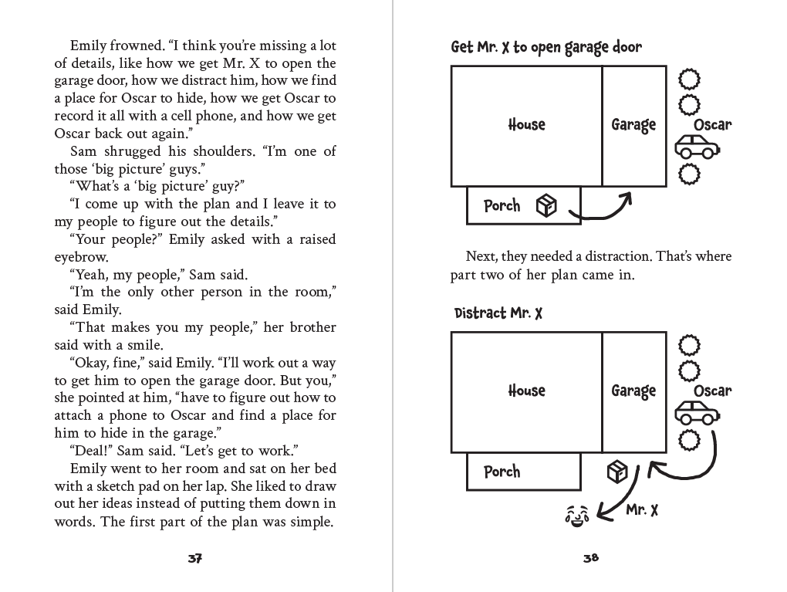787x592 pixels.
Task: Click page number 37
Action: click(194, 558)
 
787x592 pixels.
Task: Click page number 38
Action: click(591, 558)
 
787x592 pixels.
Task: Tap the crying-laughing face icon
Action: click(577, 516)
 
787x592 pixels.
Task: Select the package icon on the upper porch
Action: click(546, 206)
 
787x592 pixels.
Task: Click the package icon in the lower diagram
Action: click(617, 472)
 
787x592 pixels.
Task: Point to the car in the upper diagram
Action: click(697, 147)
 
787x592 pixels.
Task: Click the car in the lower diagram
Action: click(697, 413)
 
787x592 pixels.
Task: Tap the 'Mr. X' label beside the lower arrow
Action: click(642, 510)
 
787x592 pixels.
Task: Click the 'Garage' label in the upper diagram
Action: click(633, 125)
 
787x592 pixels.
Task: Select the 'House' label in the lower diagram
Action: click(526, 391)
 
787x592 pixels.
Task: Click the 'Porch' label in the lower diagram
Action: click(502, 472)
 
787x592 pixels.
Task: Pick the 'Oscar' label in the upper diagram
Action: click(713, 124)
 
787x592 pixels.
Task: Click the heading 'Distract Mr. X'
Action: click(498, 313)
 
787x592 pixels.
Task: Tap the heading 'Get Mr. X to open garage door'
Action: click(546, 47)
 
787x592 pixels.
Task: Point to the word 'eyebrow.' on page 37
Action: click(81, 257)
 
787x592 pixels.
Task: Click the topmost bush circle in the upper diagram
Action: click(689, 79)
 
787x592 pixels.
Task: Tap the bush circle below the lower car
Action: click(689, 441)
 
